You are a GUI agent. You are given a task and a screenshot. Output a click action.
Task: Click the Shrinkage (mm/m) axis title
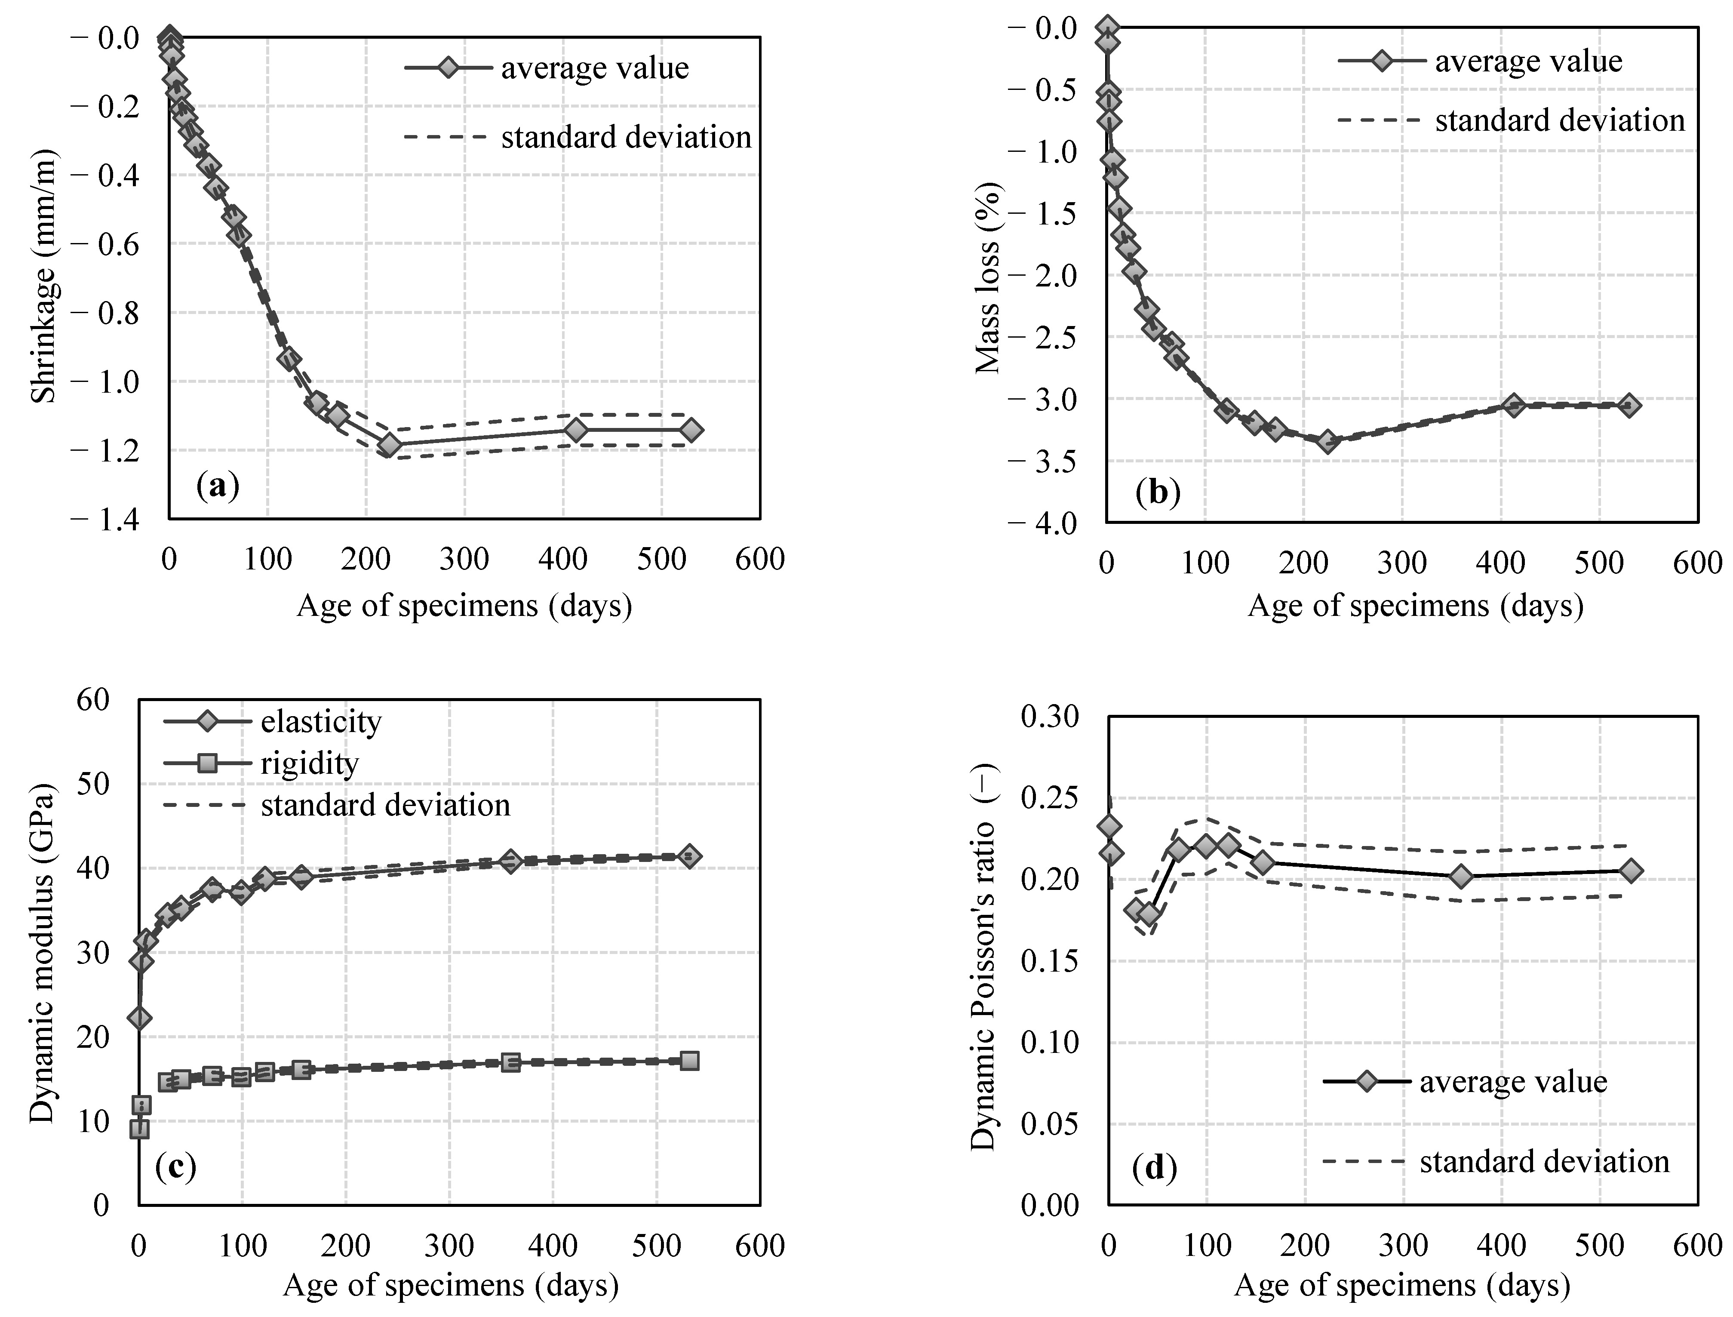pos(45,276)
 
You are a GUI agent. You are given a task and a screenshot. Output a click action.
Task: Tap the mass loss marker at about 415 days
pos(1514,405)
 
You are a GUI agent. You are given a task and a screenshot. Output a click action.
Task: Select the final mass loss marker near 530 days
pos(1628,405)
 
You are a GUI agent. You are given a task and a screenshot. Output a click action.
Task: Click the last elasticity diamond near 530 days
pos(689,856)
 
